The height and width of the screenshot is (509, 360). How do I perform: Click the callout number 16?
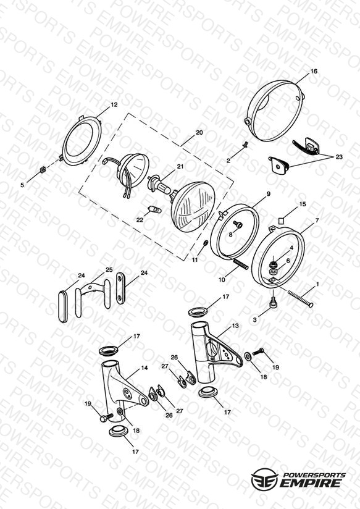point(314,71)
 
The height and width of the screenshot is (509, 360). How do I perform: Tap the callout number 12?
point(114,104)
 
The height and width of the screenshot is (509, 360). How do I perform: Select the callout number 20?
point(199,132)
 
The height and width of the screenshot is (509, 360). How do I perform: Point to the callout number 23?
point(339,157)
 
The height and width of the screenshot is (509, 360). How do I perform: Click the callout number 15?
point(302,204)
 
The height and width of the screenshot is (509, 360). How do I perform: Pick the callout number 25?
point(109,269)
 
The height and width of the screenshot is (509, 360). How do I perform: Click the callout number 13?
point(235,326)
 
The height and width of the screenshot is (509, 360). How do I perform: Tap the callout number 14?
point(144,368)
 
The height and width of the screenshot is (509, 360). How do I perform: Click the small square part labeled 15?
point(282,221)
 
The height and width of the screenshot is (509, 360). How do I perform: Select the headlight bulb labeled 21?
point(160,187)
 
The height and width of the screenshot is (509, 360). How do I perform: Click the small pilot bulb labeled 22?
point(154,209)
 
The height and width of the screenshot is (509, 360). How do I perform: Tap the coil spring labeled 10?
point(241,264)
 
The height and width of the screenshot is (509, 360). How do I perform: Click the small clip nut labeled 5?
point(42,170)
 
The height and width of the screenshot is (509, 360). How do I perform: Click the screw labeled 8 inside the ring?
point(238,224)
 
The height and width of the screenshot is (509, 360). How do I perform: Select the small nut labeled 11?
point(206,243)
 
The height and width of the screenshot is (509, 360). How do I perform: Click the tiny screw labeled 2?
point(245,143)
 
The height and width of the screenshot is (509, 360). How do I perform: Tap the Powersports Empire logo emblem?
point(264,479)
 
